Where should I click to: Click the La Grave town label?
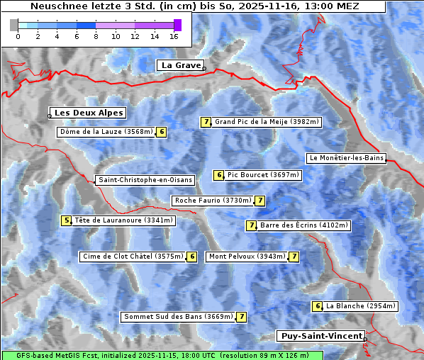180,65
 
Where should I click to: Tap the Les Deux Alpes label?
89,113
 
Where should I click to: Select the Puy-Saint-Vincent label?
321,336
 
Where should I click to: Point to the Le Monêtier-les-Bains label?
346,158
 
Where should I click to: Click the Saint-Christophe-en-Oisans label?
145,180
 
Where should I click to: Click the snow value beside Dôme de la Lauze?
162,132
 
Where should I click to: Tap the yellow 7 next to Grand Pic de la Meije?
206,122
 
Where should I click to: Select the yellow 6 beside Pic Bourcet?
219,175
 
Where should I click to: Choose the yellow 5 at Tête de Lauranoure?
66,220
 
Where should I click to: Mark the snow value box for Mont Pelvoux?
294,257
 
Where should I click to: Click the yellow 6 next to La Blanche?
318,306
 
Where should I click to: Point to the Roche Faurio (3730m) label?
213,201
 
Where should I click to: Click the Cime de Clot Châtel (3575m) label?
133,257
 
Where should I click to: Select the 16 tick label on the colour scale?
174,36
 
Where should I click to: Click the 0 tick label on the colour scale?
17,36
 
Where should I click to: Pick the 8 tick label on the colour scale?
96,36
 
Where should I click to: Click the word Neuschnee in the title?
55,6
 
